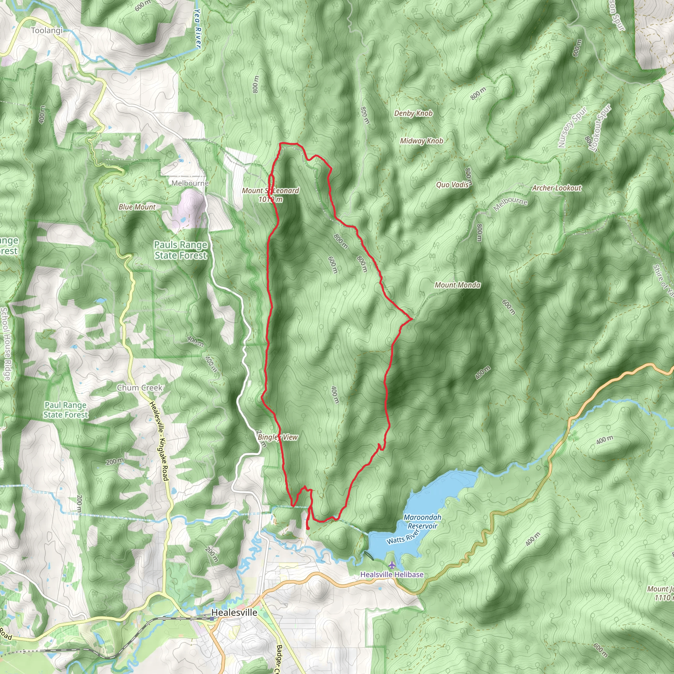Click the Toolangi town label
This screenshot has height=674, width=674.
47,30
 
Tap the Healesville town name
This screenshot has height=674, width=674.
234,612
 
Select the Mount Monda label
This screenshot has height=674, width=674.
457,285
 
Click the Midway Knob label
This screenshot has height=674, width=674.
422,141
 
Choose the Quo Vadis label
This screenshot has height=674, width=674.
452,185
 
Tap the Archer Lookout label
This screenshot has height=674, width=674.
557,188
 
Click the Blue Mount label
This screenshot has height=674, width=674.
137,207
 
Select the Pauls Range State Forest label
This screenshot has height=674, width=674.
181,250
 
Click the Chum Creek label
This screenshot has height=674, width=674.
140,388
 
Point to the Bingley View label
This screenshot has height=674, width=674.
278,437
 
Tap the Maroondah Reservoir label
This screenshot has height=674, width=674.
422,521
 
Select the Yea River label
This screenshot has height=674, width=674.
197,29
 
